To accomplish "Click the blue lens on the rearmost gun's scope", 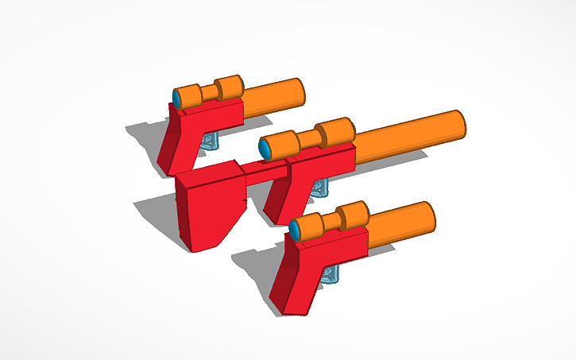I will pyautogui.click(x=176, y=98).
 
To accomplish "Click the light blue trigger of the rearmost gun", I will pyautogui.click(x=209, y=142).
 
